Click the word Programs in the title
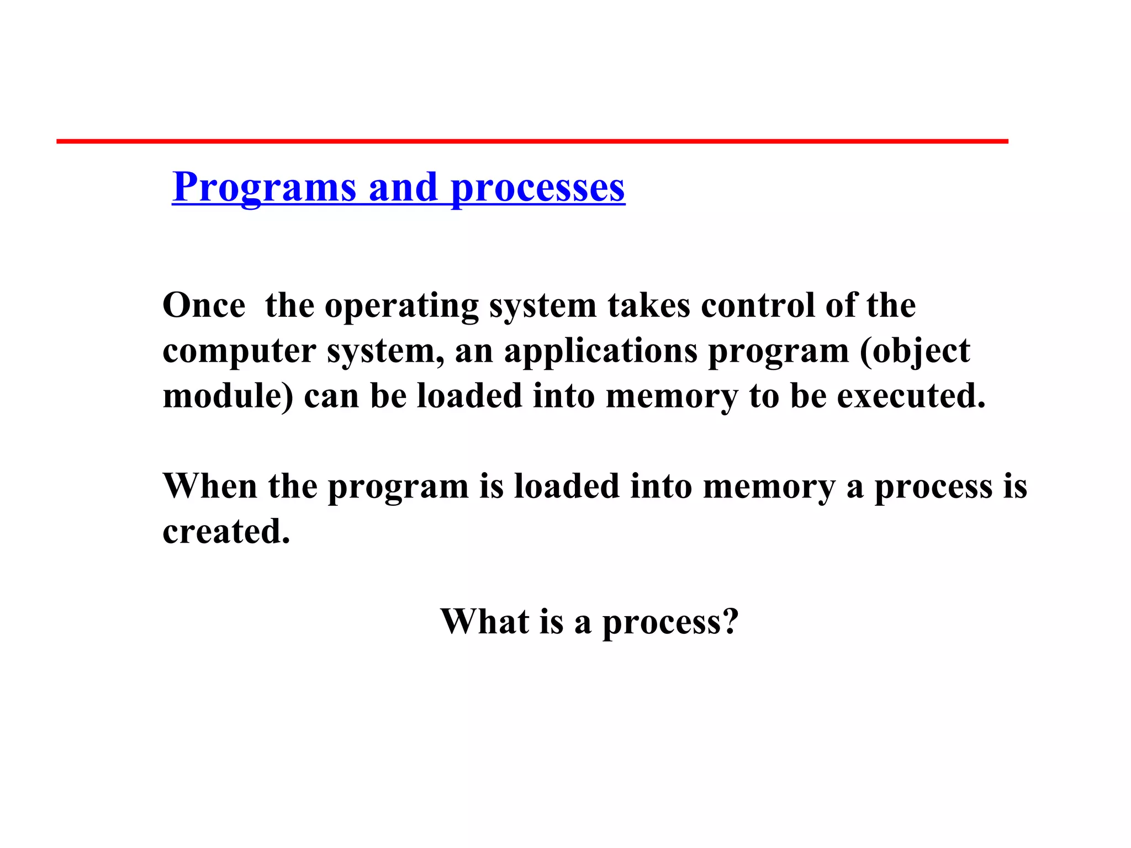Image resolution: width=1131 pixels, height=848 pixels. point(264,188)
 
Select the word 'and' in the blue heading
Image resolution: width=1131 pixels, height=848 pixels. point(403,187)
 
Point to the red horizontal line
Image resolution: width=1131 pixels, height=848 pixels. point(532,141)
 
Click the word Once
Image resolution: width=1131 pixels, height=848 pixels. point(204,305)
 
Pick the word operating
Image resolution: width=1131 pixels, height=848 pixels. point(401,306)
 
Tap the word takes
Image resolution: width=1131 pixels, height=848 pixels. point(649,305)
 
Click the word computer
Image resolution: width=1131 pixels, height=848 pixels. point(239,352)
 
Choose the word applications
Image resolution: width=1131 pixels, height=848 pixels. point(601,352)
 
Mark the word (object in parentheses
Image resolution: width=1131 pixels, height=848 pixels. point(915,352)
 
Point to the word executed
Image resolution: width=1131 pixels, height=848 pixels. point(911,396)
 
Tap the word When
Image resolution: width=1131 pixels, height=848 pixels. point(210,486)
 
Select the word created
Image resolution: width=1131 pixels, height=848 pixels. point(226,532)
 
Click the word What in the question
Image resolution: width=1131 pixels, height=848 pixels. point(484,622)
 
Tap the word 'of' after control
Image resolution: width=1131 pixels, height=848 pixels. point(840,305)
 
